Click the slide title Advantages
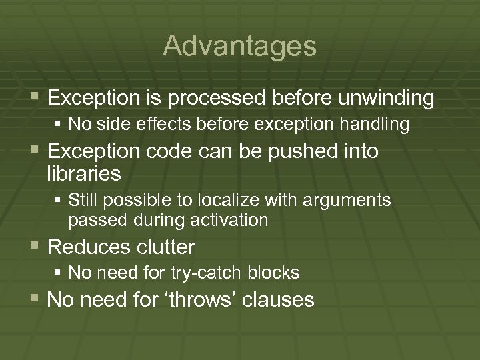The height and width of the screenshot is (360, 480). (x=239, y=46)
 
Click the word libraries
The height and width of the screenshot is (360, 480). (x=84, y=174)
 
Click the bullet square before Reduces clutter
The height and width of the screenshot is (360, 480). (x=36, y=247)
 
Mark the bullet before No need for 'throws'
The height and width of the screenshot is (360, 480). (x=36, y=299)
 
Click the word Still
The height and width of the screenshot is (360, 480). (x=83, y=200)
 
